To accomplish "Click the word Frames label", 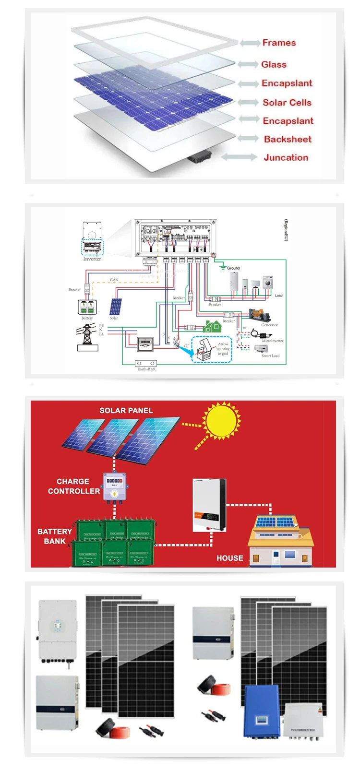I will [x=279, y=43].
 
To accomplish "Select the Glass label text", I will [x=274, y=64].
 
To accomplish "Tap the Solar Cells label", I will [x=287, y=102].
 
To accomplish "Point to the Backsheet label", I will [x=288, y=139].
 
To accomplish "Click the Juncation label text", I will [x=286, y=157].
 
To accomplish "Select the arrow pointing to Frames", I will [x=250, y=43].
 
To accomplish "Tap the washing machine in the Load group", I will [x=267, y=282].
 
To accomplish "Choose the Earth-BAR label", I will [x=146, y=369].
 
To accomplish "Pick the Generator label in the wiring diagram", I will [x=269, y=325].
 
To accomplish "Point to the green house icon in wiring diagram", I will [x=212, y=327].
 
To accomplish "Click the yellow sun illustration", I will [x=221, y=420].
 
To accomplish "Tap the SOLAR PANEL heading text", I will [x=126, y=411].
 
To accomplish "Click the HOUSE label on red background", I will [x=229, y=558].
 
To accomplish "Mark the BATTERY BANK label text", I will [x=54, y=536].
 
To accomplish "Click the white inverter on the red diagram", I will [x=209, y=505].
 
